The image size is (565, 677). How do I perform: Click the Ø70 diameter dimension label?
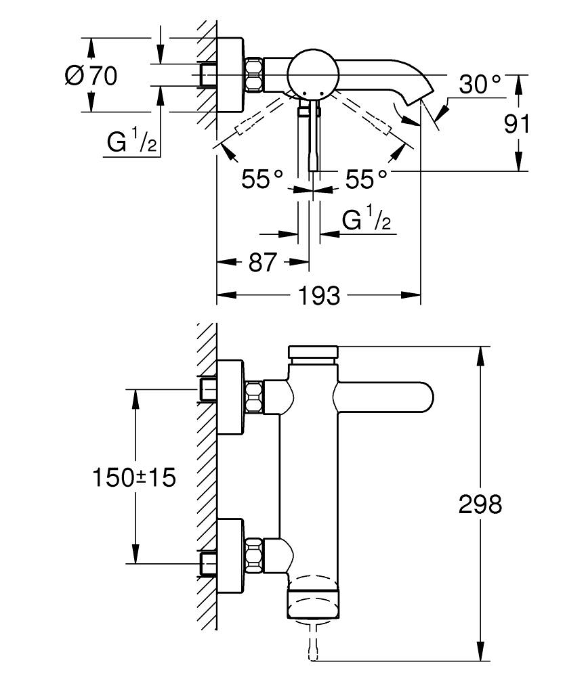[x=91, y=75]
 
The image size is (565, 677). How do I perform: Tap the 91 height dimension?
[x=516, y=123]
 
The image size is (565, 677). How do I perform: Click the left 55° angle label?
[x=262, y=179]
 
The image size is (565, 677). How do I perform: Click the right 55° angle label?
[x=366, y=179]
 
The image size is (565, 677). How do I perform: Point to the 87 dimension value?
[x=262, y=261]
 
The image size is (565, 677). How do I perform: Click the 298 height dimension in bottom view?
[x=480, y=504]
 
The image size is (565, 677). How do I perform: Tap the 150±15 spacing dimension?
[x=133, y=477]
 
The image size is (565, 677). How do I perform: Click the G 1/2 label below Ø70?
[x=132, y=142]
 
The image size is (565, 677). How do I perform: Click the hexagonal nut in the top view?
[x=253, y=74]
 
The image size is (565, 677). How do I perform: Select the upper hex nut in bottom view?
[x=253, y=397]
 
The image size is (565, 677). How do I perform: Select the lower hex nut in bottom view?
[x=253, y=552]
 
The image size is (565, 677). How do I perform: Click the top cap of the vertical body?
[x=312, y=352]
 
